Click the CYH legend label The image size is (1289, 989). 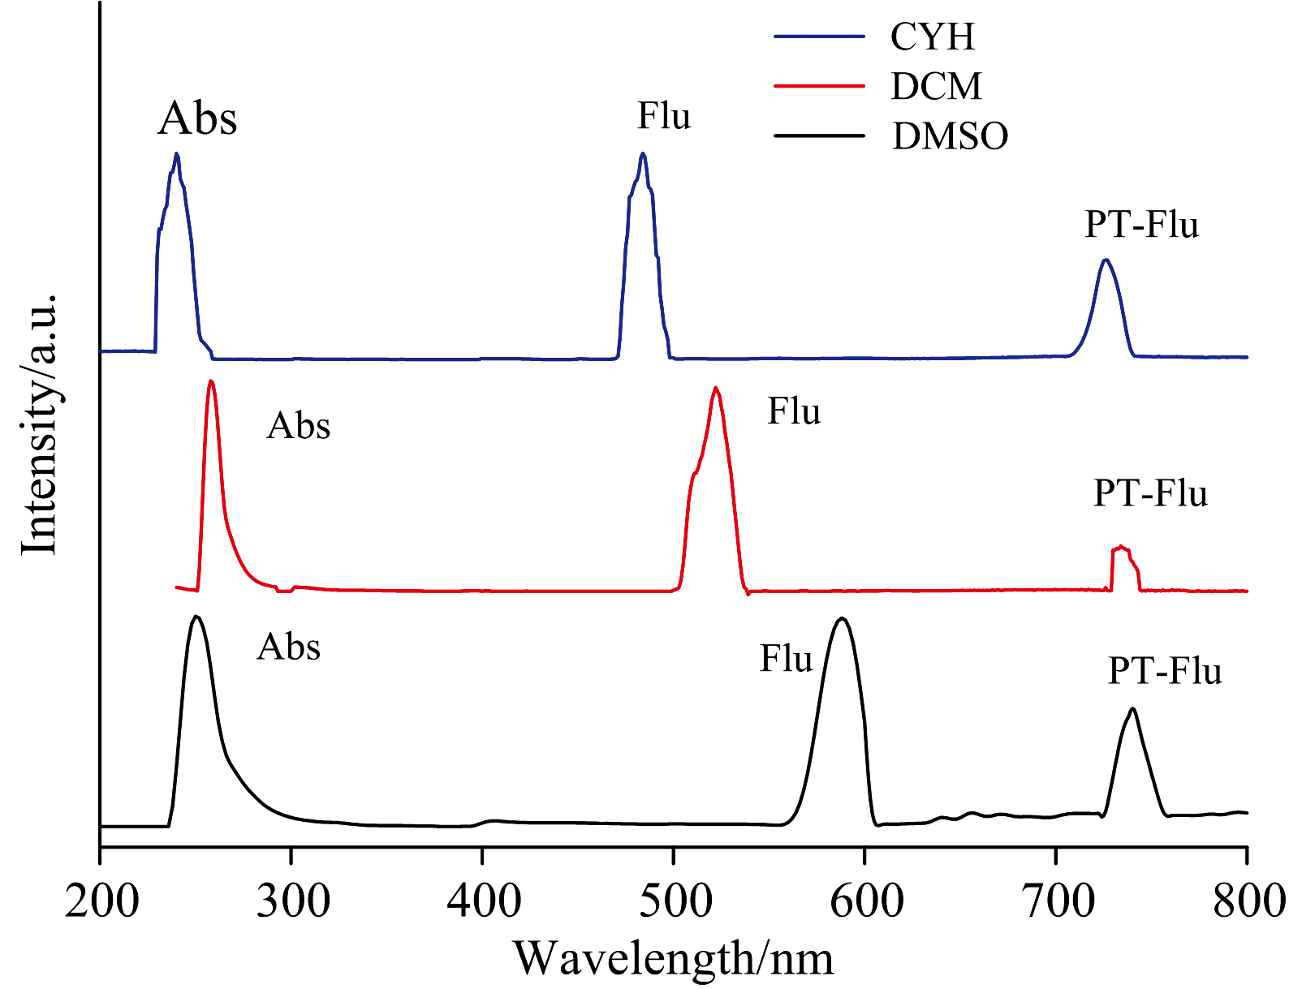click(x=932, y=37)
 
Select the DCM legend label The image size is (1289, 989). click(x=936, y=86)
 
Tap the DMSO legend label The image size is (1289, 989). click(x=950, y=135)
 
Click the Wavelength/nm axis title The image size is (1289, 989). click(x=674, y=958)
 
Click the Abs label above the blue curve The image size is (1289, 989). click(x=197, y=118)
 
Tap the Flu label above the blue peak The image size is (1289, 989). click(x=663, y=116)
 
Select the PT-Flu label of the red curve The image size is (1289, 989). click(x=1150, y=493)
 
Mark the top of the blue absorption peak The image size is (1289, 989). click(x=176, y=153)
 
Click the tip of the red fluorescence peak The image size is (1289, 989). click(x=715, y=388)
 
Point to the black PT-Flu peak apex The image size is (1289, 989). click(x=1132, y=709)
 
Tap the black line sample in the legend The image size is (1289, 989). click(x=819, y=135)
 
